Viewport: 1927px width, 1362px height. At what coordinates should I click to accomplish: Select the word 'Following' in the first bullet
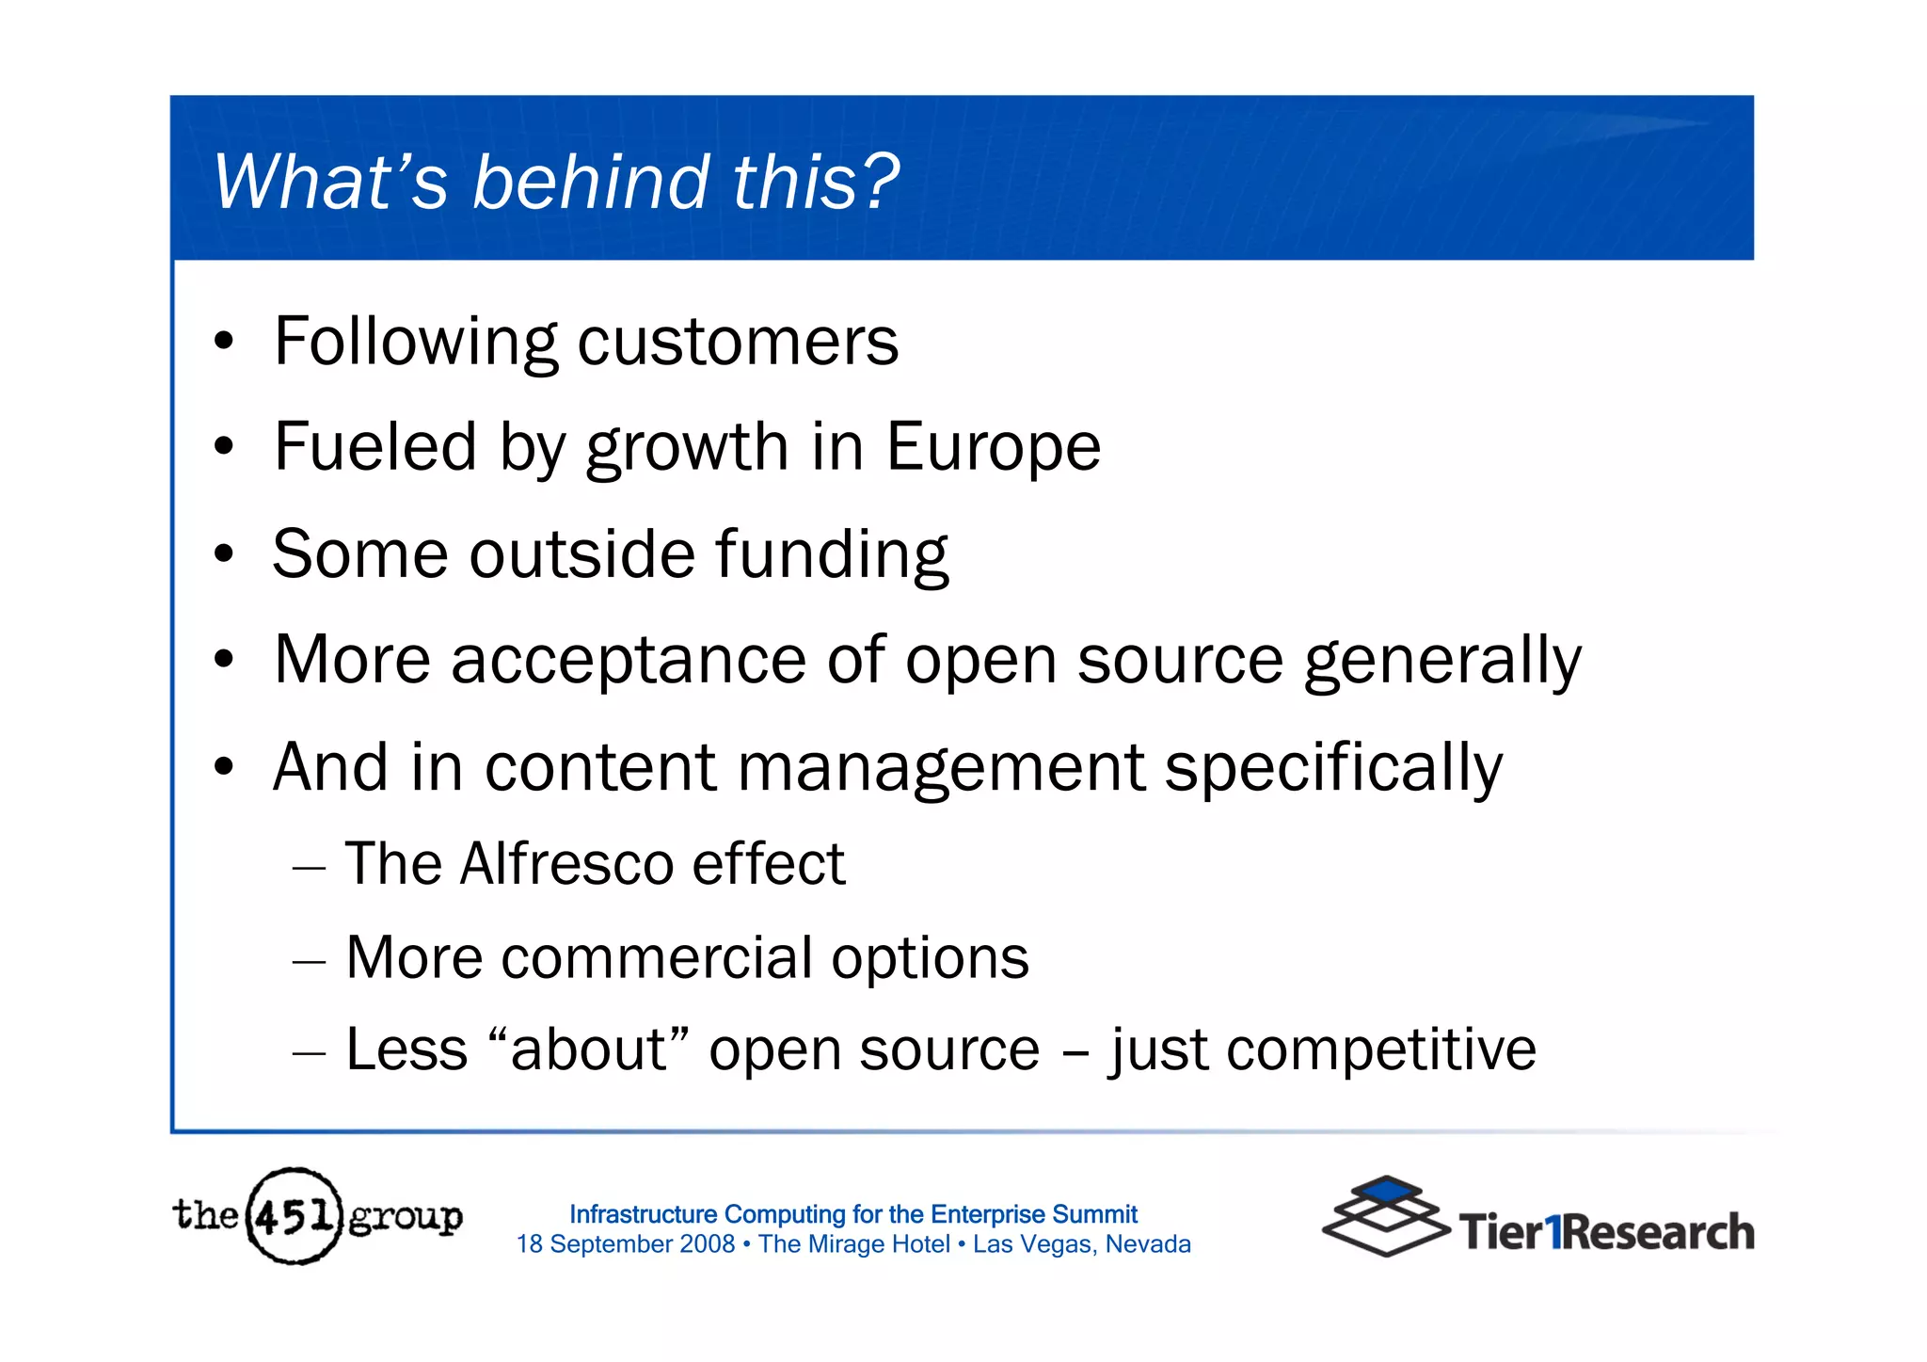[415, 343]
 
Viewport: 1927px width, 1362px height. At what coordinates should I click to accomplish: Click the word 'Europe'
[993, 447]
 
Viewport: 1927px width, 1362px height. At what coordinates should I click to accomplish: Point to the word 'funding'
[832, 554]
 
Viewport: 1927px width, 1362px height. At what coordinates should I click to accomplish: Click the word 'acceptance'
[629, 662]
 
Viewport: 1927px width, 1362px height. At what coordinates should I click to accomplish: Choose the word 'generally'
[1442, 662]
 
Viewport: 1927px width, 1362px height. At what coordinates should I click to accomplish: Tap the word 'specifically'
[1333, 769]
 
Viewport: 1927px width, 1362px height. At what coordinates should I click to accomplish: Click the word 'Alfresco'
[566, 864]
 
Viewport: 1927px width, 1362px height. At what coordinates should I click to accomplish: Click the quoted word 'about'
[589, 1050]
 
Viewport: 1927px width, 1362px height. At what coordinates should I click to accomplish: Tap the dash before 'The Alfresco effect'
[309, 868]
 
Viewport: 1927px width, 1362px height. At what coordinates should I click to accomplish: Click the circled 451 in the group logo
[294, 1216]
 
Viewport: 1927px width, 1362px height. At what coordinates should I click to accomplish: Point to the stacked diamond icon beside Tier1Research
[1385, 1216]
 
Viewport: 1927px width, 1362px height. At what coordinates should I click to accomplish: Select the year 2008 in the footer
[707, 1244]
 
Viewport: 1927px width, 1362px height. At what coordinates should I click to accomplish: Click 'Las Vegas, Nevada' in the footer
[1081, 1244]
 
